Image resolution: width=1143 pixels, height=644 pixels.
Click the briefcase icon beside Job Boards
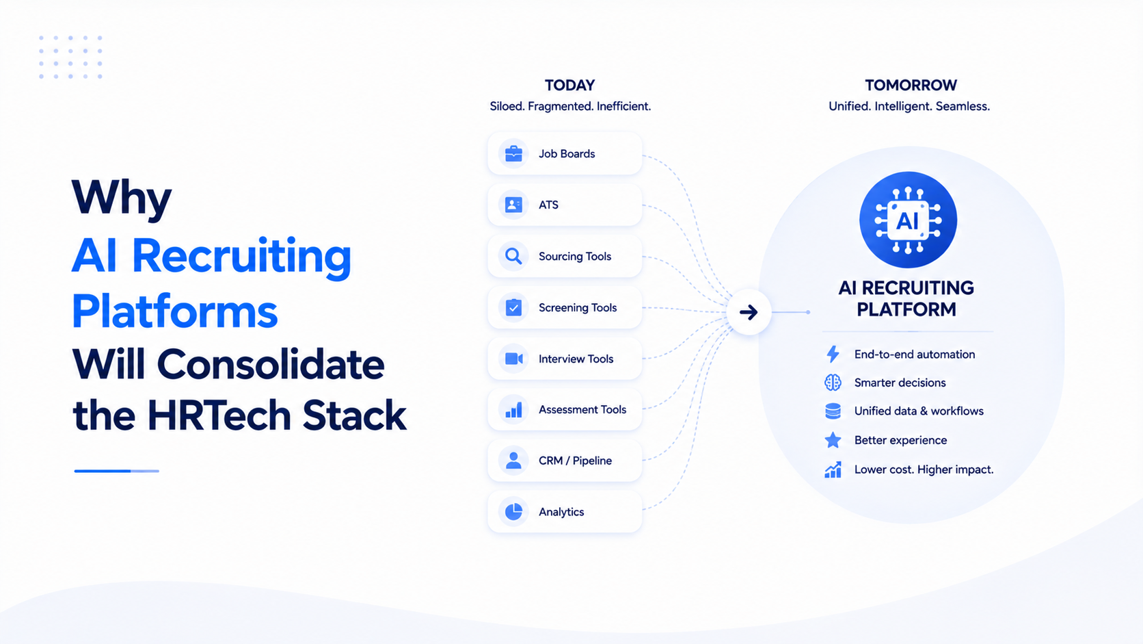point(513,153)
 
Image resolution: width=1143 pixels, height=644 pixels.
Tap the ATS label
point(548,205)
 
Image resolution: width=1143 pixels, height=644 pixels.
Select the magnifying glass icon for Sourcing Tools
point(513,256)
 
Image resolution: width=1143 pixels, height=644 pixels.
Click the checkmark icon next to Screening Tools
point(513,307)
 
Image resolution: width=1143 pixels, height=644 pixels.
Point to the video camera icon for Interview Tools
point(513,359)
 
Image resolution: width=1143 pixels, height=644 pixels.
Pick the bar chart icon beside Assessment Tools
point(513,410)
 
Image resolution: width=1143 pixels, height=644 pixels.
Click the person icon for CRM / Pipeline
point(513,461)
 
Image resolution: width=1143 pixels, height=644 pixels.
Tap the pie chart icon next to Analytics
point(513,512)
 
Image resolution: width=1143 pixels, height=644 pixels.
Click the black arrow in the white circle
point(749,312)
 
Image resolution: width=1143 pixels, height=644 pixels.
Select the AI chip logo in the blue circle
point(908,220)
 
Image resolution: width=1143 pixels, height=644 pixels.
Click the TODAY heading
point(569,86)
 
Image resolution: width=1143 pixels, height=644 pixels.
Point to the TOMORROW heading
point(911,86)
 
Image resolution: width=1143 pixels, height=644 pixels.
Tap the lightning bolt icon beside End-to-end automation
point(833,354)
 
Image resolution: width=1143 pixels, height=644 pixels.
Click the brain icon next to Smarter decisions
point(833,383)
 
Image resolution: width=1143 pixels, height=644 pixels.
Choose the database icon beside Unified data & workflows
point(833,411)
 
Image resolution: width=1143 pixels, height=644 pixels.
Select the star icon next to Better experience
point(833,440)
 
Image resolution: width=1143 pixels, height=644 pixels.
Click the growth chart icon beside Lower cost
point(833,470)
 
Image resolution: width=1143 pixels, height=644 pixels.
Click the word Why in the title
point(122,199)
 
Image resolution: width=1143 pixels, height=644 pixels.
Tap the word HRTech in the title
point(219,415)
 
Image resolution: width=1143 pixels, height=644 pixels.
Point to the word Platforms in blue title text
point(174,311)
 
